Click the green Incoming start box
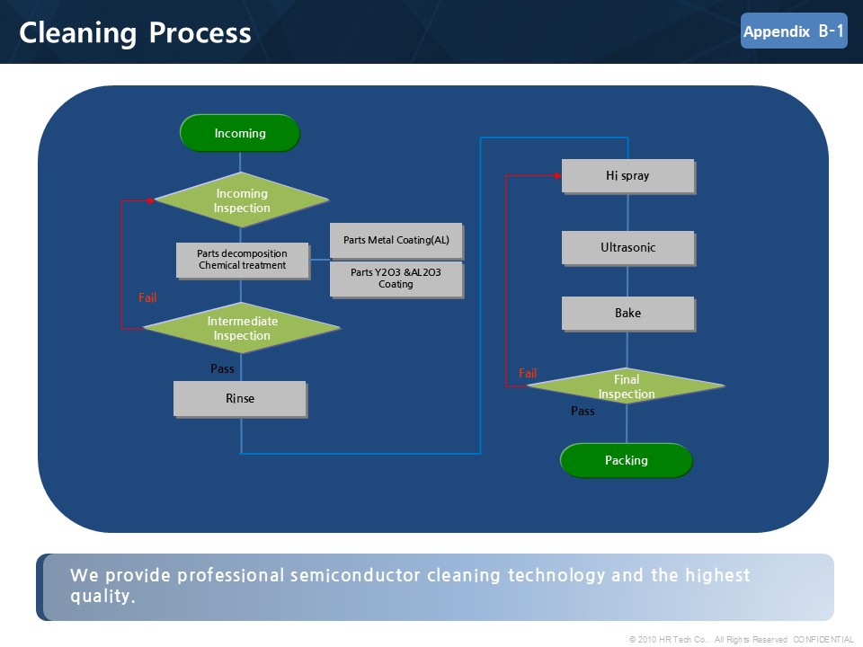tap(240, 133)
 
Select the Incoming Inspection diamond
tap(242, 200)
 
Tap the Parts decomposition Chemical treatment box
tap(243, 261)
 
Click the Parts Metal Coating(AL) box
tap(396, 241)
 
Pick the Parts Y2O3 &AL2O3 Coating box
tap(396, 279)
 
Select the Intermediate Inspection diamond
tap(242, 328)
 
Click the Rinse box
tap(240, 399)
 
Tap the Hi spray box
tap(628, 176)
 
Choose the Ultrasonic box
tap(628, 248)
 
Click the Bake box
tap(628, 314)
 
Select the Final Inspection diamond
tap(627, 386)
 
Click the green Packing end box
tap(627, 460)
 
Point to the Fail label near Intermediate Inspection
tap(147, 297)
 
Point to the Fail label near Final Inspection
tap(528, 373)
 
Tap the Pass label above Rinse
tap(222, 368)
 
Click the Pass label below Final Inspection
tap(583, 411)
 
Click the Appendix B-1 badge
tap(794, 31)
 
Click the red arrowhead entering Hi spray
tap(557, 175)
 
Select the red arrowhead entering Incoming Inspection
tap(151, 200)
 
